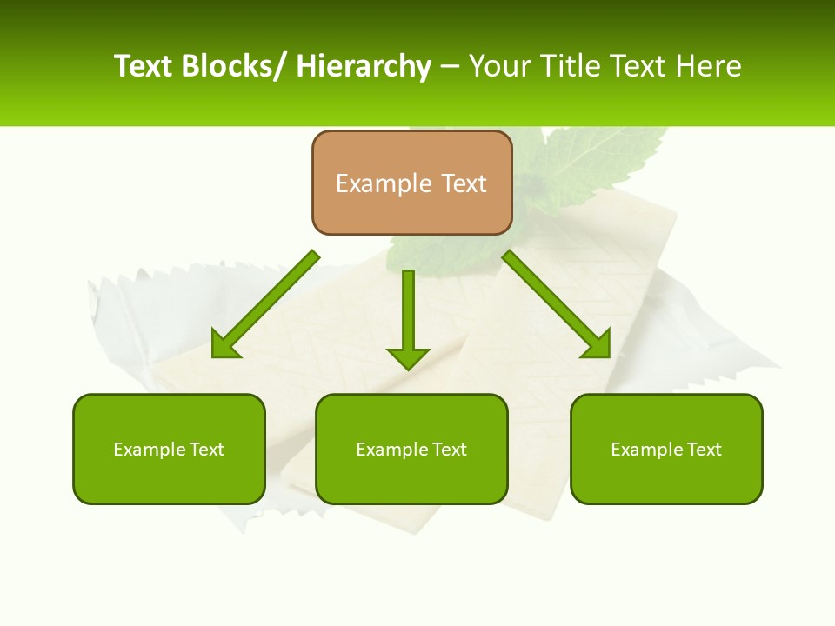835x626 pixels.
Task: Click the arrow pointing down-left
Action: pyautogui.click(x=265, y=305)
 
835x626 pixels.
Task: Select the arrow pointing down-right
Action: pyautogui.click(x=557, y=304)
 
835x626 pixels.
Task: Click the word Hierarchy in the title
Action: pyautogui.click(x=364, y=66)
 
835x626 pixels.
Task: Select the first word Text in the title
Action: pyautogui.click(x=144, y=66)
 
